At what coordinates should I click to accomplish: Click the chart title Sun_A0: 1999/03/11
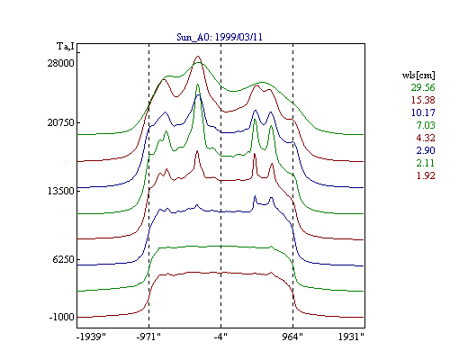(220, 37)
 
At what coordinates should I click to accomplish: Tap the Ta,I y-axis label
(66, 47)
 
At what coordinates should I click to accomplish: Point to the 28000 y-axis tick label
(60, 63)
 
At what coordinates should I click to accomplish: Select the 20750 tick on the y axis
(60, 122)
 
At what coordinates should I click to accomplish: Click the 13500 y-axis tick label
(60, 191)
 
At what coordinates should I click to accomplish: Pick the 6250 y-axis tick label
(63, 259)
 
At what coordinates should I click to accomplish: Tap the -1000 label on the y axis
(61, 317)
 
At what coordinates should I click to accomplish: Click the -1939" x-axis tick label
(91, 337)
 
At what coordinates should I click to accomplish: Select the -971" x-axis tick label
(148, 337)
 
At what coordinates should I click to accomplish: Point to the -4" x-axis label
(220, 337)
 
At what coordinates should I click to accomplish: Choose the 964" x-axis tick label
(292, 337)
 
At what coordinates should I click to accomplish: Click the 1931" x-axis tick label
(351, 337)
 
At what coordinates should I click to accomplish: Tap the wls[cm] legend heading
(418, 75)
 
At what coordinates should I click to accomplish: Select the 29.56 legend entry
(423, 87)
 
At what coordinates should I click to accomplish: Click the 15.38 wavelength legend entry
(423, 100)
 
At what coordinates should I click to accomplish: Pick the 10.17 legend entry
(423, 112)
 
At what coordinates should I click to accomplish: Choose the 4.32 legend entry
(426, 138)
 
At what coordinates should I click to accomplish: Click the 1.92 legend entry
(426, 175)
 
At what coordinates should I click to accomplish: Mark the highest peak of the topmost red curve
(198, 56)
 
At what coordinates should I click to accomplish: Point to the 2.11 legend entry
(426, 163)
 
